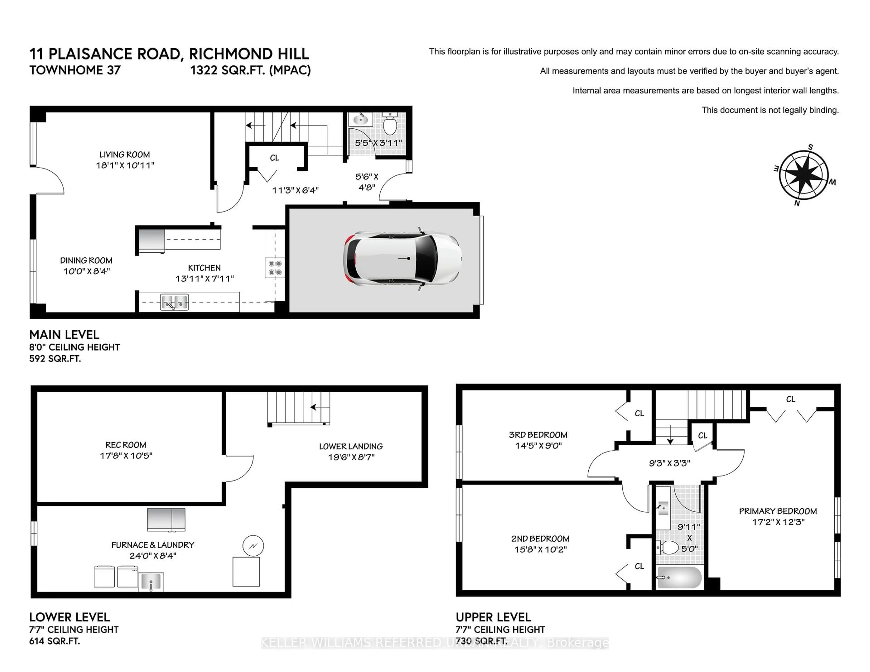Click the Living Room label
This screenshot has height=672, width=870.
(125, 154)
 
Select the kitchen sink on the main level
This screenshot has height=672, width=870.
(174, 302)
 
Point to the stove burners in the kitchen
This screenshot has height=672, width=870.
(275, 268)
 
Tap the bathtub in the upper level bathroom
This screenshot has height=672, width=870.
(679, 577)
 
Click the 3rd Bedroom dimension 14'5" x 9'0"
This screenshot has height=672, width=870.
(538, 446)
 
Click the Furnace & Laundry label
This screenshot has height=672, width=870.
(152, 545)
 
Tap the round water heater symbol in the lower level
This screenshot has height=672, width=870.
(253, 546)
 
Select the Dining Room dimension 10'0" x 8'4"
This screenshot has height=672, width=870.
(87, 271)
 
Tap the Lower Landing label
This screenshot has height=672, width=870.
(350, 446)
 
